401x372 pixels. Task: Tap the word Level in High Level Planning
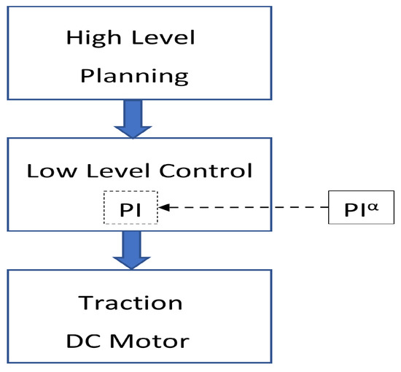click(166, 37)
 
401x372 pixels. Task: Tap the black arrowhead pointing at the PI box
click(163, 208)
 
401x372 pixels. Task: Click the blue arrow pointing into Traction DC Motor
click(132, 248)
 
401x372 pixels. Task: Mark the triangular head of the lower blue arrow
click(132, 260)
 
